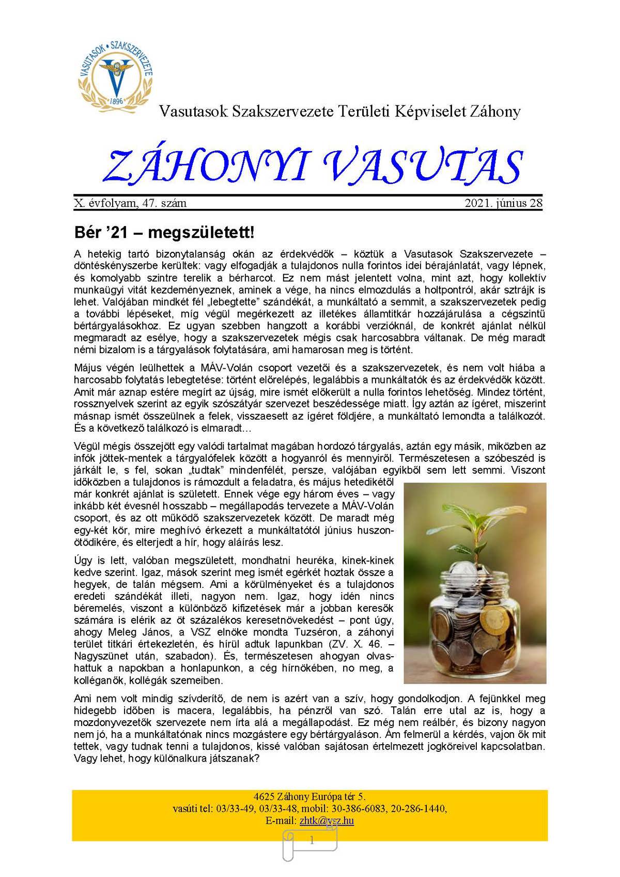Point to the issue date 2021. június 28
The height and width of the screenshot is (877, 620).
(x=503, y=203)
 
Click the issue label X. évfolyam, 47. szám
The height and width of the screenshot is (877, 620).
(x=130, y=203)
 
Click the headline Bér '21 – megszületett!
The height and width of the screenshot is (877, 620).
(x=164, y=233)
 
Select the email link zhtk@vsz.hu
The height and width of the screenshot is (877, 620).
(x=326, y=821)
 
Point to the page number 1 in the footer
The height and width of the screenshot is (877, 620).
(x=312, y=841)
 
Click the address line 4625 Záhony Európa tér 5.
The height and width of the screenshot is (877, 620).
(x=309, y=796)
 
